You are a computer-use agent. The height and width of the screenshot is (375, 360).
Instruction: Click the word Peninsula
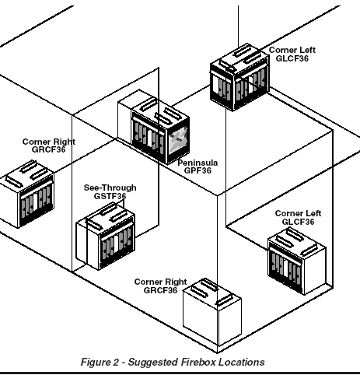(x=197, y=163)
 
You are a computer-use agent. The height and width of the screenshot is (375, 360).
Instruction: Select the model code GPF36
(x=197, y=170)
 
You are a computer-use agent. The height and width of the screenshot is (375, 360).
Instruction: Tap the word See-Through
(x=110, y=187)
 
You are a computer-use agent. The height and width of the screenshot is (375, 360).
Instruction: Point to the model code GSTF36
(x=110, y=196)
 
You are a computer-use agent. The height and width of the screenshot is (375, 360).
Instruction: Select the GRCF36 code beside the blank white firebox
(x=160, y=290)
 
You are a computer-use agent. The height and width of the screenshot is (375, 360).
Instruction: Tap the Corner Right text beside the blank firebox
(x=160, y=282)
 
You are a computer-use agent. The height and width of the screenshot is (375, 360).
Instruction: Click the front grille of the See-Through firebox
(x=117, y=246)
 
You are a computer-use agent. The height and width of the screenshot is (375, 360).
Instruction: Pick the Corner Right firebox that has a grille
(x=27, y=194)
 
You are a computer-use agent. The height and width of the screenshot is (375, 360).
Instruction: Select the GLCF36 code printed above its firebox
(x=298, y=222)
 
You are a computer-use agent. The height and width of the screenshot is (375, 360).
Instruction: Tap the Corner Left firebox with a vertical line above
(x=239, y=77)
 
